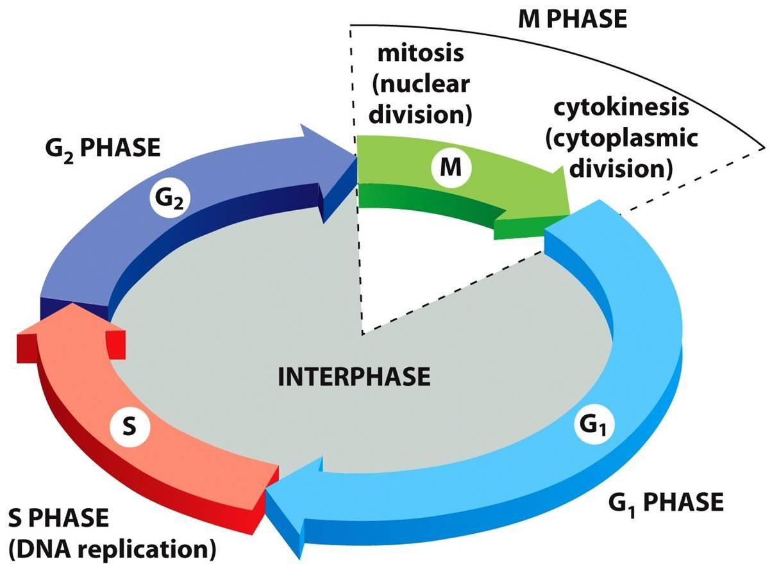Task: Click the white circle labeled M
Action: tap(451, 169)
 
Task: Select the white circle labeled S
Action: tap(129, 426)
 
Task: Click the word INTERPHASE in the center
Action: tap(354, 377)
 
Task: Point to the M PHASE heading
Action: tap(571, 19)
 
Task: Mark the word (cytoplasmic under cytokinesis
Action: tap(621, 138)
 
